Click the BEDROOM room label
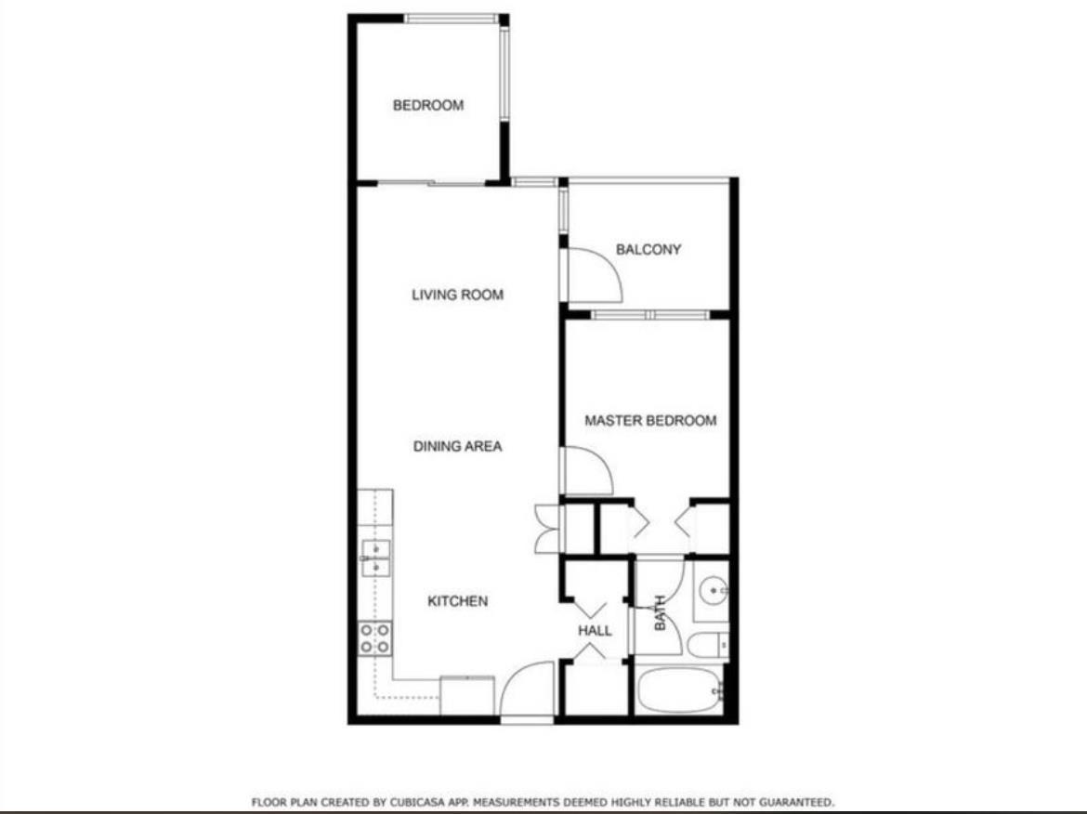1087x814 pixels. coord(427,105)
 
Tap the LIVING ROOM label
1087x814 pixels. coord(457,295)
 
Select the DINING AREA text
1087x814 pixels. coord(457,446)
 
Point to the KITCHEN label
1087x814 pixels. coord(457,601)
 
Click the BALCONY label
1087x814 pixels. coord(648,249)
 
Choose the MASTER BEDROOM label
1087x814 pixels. coord(650,420)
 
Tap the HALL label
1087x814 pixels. coord(595,630)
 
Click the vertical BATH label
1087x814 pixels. coord(661,613)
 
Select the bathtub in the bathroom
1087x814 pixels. coord(679,690)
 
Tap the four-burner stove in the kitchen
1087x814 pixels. coord(374,638)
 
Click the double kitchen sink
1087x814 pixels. coord(374,558)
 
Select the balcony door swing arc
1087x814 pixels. coord(588,272)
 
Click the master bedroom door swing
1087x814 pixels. coord(586,470)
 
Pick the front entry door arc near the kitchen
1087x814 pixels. coord(527,689)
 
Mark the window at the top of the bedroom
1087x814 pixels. coord(452,18)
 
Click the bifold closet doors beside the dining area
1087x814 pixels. coord(545,528)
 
